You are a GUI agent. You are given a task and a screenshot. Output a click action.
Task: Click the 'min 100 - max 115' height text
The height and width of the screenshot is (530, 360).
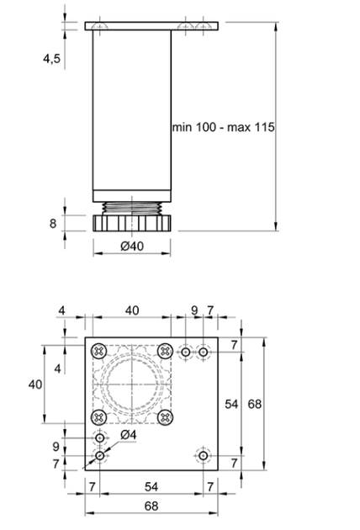click(x=223, y=127)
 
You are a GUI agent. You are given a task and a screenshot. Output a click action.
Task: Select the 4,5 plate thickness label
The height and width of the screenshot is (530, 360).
click(x=51, y=59)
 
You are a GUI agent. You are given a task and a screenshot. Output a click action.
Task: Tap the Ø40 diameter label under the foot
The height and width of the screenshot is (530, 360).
click(x=132, y=246)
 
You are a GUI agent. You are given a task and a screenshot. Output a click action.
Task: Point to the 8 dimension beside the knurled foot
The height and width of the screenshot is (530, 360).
click(x=53, y=224)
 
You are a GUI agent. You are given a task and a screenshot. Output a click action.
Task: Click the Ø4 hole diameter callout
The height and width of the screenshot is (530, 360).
click(x=129, y=435)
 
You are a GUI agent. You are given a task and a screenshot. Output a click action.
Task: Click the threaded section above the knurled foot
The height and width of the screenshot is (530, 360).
click(x=132, y=209)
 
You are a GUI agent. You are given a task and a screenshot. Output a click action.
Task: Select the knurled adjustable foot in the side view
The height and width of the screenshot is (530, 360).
click(x=132, y=223)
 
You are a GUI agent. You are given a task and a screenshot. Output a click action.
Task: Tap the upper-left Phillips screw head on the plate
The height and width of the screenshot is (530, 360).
click(x=99, y=352)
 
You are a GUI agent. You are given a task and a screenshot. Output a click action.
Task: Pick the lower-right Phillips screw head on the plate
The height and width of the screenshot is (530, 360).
click(x=166, y=417)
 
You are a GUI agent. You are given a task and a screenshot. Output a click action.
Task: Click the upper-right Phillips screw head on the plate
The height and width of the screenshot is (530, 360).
click(x=166, y=352)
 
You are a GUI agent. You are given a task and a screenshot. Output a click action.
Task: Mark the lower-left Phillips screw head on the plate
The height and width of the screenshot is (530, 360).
click(x=99, y=417)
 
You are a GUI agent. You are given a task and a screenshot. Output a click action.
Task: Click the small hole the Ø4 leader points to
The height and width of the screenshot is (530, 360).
click(x=100, y=456)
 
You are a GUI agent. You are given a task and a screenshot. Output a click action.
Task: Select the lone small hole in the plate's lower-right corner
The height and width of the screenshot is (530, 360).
click(x=204, y=456)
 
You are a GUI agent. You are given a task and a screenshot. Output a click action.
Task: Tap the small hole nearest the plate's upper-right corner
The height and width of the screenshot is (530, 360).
click(x=204, y=352)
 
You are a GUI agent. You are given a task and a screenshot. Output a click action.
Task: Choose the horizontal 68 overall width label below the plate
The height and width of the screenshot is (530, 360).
click(x=151, y=506)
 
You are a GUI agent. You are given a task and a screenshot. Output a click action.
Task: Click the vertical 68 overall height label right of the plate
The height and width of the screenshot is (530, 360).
click(x=255, y=404)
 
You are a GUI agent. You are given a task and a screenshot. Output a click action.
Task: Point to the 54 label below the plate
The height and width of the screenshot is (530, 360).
click(x=151, y=487)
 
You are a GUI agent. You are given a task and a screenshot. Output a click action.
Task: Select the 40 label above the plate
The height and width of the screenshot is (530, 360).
click(x=132, y=310)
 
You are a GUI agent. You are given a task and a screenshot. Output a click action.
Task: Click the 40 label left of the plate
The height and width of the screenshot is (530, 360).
click(x=35, y=384)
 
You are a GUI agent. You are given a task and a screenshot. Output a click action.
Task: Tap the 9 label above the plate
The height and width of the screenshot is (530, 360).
click(x=194, y=310)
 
